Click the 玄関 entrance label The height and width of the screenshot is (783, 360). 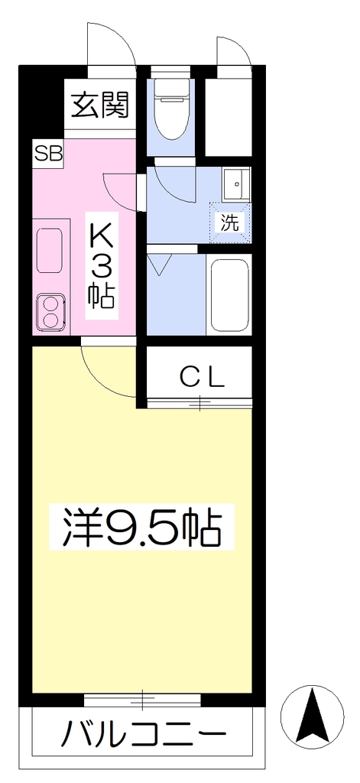(100, 106)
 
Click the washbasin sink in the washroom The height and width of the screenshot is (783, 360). (236, 184)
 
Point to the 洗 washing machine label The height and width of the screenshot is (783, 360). (230, 223)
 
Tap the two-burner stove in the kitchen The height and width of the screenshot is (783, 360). (50, 312)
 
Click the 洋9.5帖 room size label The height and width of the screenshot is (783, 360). (141, 528)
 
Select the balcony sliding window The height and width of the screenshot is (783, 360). (142, 700)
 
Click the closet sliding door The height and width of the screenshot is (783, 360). (199, 402)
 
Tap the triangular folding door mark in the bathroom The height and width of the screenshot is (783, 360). (160, 264)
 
